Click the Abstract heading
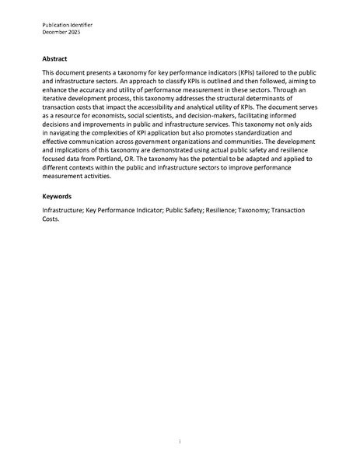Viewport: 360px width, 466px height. (56, 58)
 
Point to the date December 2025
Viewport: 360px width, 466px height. (61, 33)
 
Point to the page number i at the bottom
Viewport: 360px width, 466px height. (180, 441)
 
